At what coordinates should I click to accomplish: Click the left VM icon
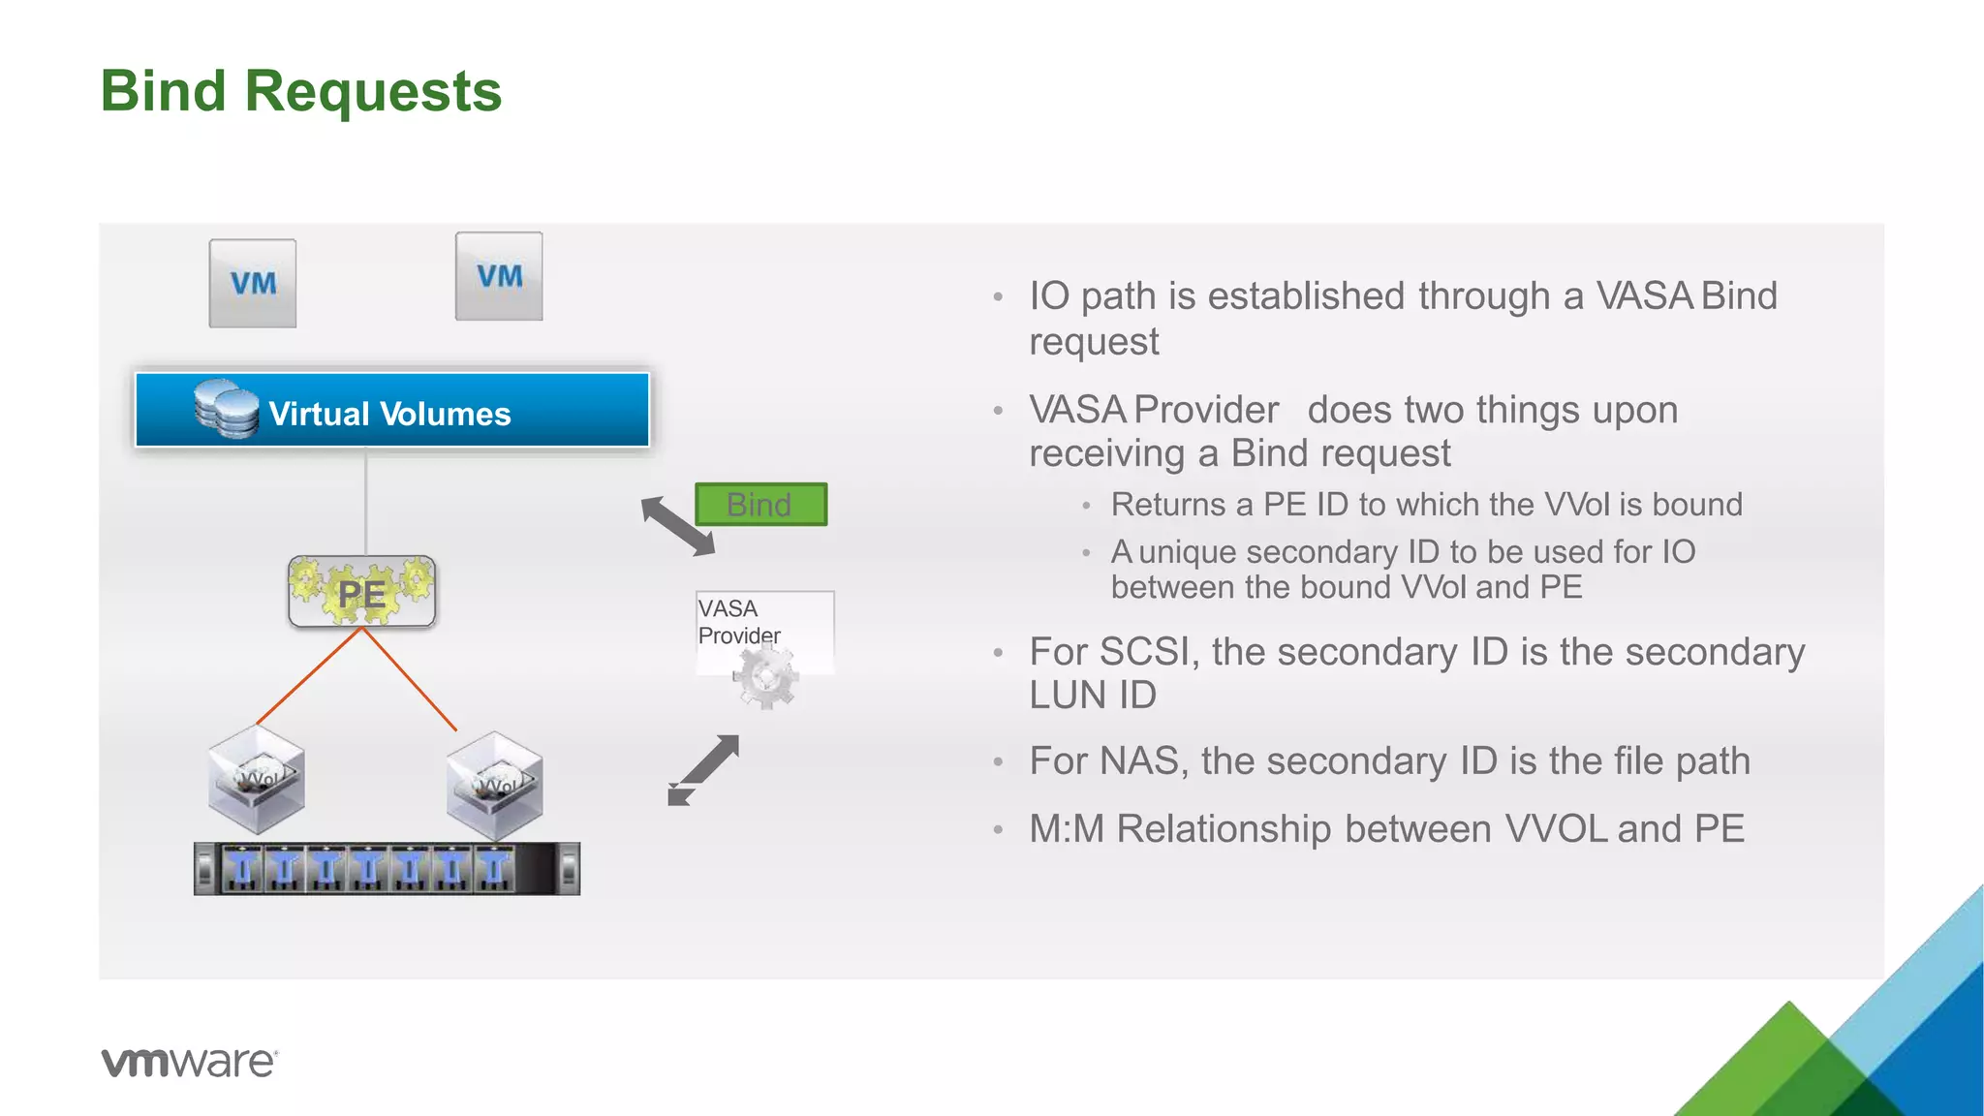pyautogui.click(x=253, y=283)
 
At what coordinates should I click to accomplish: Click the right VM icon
pyautogui.click(x=499, y=276)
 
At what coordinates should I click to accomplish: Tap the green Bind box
pyautogui.click(x=760, y=505)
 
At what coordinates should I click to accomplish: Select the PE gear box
pyautogui.click(x=361, y=592)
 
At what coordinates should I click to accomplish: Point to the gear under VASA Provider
pyautogui.click(x=765, y=677)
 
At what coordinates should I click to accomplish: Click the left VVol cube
pyautogui.click(x=257, y=779)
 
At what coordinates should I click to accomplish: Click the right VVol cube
pyautogui.click(x=495, y=785)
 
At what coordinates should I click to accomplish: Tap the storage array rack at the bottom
pyautogui.click(x=387, y=868)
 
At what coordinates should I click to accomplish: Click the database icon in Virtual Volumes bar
pyautogui.click(x=226, y=409)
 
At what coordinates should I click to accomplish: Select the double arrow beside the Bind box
pyautogui.click(x=678, y=525)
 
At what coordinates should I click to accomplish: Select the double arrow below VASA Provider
pyautogui.click(x=704, y=770)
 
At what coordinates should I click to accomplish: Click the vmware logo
pyautogui.click(x=189, y=1062)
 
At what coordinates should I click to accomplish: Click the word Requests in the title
pyautogui.click(x=373, y=91)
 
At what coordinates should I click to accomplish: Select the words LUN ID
pyautogui.click(x=1093, y=696)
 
